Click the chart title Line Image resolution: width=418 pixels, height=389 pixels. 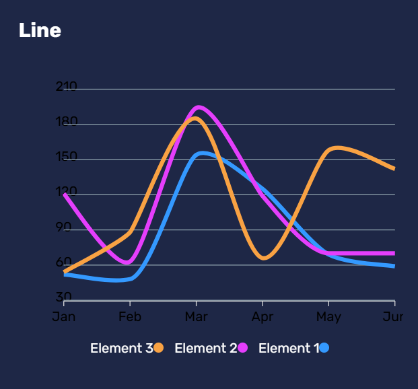pos(40,30)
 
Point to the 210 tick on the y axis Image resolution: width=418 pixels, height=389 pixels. pos(67,87)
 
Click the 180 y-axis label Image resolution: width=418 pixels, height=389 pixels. pos(67,122)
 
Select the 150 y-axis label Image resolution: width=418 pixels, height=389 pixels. pos(67,157)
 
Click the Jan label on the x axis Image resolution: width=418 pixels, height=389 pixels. pos(64,316)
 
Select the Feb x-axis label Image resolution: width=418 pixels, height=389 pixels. pos(130,316)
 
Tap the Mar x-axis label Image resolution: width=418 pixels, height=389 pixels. pos(196,316)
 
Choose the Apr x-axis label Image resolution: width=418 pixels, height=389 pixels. pos(262,316)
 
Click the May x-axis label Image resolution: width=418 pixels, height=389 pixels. pos(328,316)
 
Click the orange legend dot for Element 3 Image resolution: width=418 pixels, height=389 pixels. pos(159,348)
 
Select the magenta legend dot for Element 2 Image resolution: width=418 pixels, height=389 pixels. pos(243,348)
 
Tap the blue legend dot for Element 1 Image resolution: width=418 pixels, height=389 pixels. pos(324,348)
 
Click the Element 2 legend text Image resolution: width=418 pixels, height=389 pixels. pos(205,348)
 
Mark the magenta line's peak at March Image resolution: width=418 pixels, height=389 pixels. pos(198,107)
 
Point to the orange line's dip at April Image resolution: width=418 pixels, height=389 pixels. pos(263,258)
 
